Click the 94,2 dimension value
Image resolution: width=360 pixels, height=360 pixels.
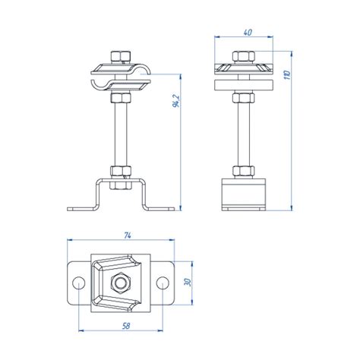176,100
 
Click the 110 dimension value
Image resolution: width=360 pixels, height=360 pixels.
287,75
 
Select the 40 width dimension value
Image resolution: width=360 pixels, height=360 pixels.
248,33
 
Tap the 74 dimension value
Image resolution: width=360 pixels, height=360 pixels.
128,235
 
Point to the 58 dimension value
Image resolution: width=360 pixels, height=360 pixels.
126,326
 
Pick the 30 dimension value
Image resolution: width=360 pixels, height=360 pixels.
188,282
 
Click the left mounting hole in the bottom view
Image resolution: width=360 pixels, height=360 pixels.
79,283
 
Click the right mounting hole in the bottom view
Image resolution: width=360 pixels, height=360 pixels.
163,283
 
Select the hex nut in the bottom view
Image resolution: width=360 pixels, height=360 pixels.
121,283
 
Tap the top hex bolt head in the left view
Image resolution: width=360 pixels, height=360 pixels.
121,57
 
